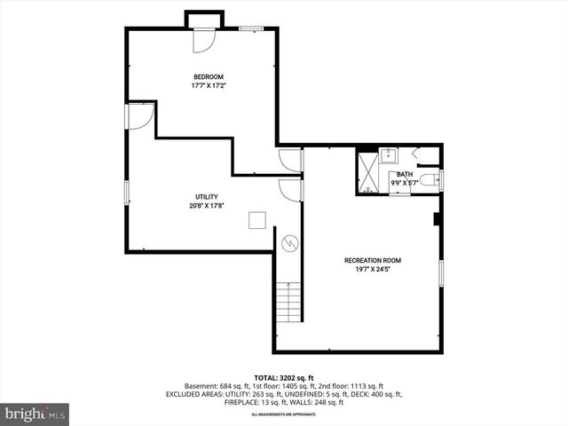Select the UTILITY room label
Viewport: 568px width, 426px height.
207,196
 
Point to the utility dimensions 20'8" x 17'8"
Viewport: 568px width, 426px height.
207,206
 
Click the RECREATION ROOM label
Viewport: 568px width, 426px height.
373,260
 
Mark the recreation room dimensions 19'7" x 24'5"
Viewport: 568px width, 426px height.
373,269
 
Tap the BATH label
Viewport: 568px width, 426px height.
405,174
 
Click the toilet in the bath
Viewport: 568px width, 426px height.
430,180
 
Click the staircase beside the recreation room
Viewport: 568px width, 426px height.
289,302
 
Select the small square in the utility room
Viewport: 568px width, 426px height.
257,221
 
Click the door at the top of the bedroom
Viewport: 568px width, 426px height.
202,39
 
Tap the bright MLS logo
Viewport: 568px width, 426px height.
35,413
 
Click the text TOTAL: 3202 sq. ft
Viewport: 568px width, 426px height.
283,377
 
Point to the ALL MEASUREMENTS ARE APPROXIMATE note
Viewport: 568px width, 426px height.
283,414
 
